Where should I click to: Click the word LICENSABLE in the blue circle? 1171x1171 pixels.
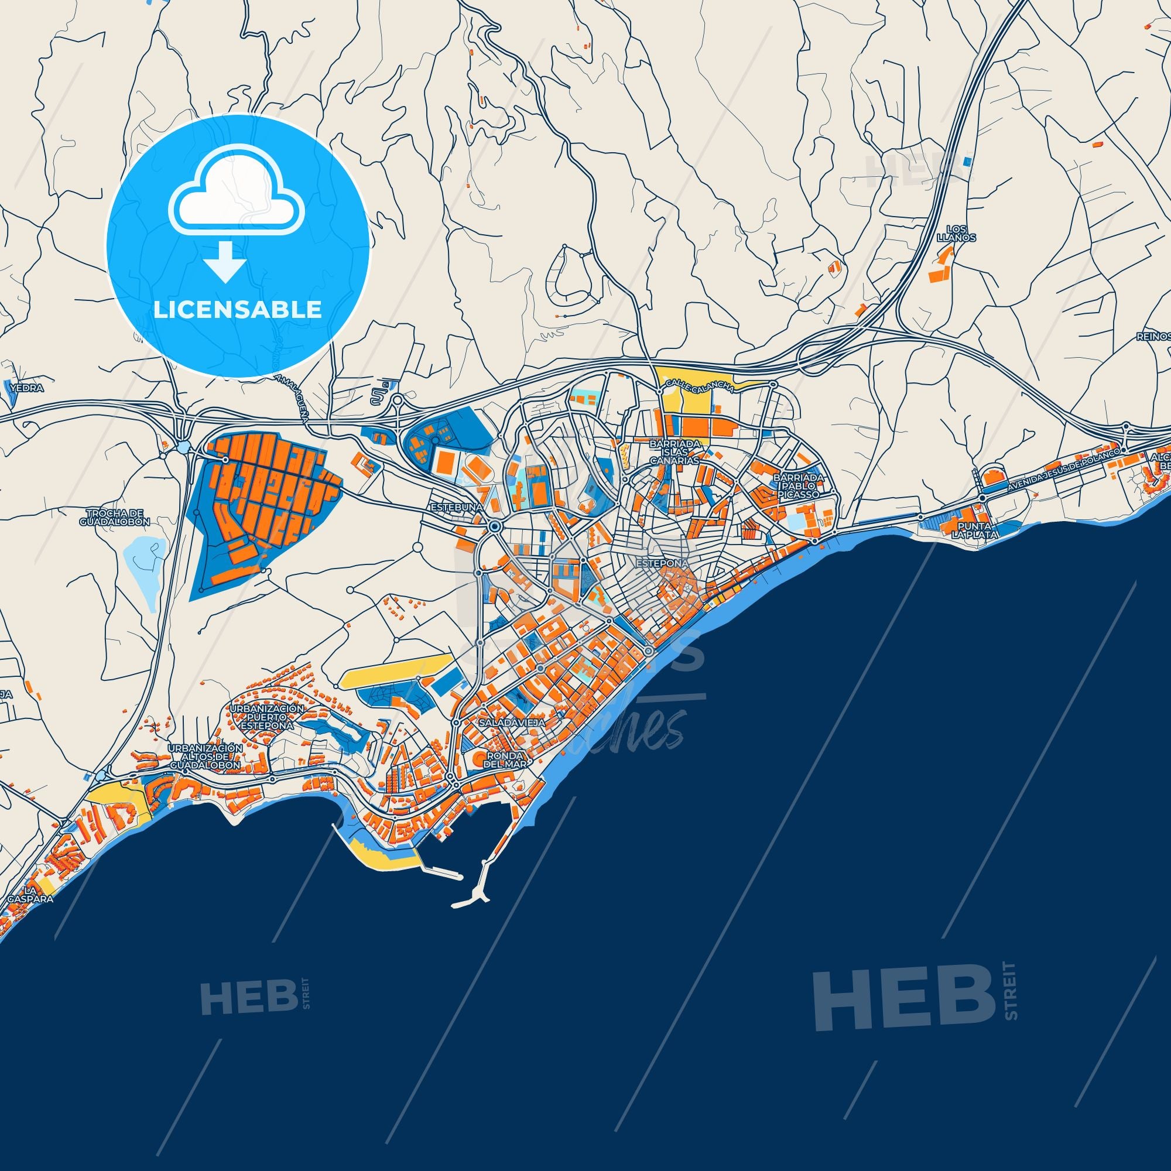237,310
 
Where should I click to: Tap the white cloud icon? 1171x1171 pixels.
238,191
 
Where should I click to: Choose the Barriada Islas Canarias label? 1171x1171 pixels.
675,452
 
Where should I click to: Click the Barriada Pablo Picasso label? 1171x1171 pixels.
798,486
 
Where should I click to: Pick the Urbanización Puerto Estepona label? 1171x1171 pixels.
266,717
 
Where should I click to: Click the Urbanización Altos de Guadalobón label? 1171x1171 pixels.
205,757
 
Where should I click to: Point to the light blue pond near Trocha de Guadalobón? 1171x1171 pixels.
145,567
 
